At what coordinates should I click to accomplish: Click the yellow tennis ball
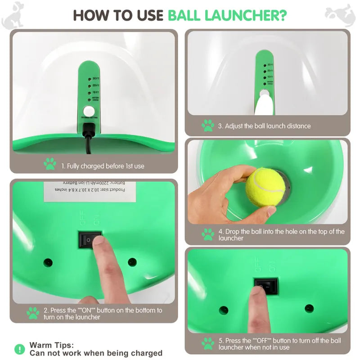[x=265, y=187]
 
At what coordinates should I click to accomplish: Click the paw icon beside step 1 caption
[x=50, y=164]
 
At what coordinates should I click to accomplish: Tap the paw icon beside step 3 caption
[x=207, y=126]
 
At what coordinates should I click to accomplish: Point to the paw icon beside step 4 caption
[x=208, y=234]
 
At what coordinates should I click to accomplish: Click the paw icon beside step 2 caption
[x=32, y=313]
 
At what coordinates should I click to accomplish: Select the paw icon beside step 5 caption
[x=208, y=344]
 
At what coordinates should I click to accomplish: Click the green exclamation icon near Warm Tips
[x=20, y=349]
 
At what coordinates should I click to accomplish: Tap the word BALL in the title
[x=184, y=15]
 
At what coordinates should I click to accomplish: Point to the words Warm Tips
[x=51, y=345]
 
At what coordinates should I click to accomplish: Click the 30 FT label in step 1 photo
[x=95, y=78]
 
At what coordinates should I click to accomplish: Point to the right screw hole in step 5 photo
[x=309, y=308]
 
